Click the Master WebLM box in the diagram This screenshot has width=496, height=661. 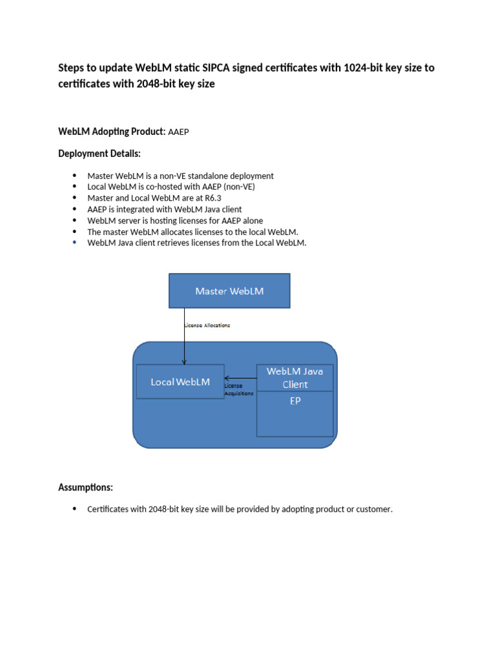[x=229, y=290]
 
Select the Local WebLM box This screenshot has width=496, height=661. [x=180, y=381]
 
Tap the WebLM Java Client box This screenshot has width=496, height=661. [x=295, y=378]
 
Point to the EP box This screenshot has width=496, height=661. [x=295, y=413]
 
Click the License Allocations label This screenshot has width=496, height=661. [x=207, y=325]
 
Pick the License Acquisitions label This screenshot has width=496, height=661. [x=238, y=389]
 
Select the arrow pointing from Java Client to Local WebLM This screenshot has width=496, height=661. [x=240, y=378]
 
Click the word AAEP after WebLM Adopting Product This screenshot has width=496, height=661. [x=178, y=132]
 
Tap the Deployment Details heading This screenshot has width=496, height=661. [x=99, y=154]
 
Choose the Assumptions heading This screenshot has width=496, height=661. [x=86, y=487]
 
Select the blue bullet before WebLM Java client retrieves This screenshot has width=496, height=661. [x=74, y=243]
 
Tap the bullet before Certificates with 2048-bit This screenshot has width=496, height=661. [x=74, y=509]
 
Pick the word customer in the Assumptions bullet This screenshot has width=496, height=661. [x=375, y=509]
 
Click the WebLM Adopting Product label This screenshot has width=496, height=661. [x=111, y=132]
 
